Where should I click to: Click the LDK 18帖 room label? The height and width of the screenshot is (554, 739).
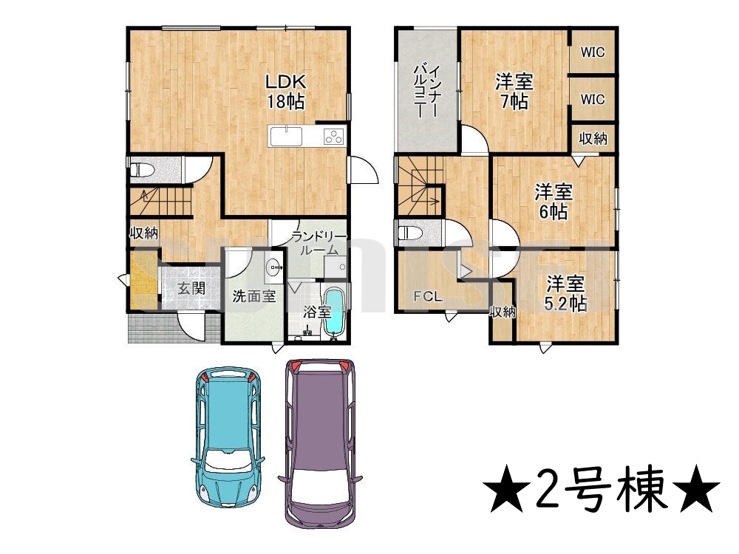pos(285,92)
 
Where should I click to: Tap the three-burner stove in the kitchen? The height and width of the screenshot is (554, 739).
pos(334,137)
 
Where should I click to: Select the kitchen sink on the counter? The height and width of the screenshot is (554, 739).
pos(286,136)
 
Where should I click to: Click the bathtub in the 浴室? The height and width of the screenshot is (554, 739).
pos(335,312)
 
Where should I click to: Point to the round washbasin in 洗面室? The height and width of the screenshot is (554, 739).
pos(274,267)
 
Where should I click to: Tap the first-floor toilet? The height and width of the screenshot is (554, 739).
pos(142,169)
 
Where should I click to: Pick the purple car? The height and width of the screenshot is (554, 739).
pos(320,442)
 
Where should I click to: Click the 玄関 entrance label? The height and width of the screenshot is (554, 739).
pos(191,288)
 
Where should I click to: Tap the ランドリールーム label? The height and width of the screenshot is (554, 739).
pos(319,242)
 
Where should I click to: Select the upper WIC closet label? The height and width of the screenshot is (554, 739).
pos(593,52)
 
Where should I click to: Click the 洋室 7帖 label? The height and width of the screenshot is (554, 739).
pos(514,92)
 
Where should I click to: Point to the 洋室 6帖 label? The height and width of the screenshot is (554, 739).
pos(554,202)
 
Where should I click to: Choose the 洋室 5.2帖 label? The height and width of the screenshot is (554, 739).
pos(565,294)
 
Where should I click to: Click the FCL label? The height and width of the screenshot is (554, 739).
pos(428,297)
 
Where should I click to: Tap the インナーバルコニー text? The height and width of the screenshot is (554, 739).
pos(427,92)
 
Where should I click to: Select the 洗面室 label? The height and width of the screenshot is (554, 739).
pos(254,297)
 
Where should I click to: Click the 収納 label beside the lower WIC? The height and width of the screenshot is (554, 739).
pos(593,139)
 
